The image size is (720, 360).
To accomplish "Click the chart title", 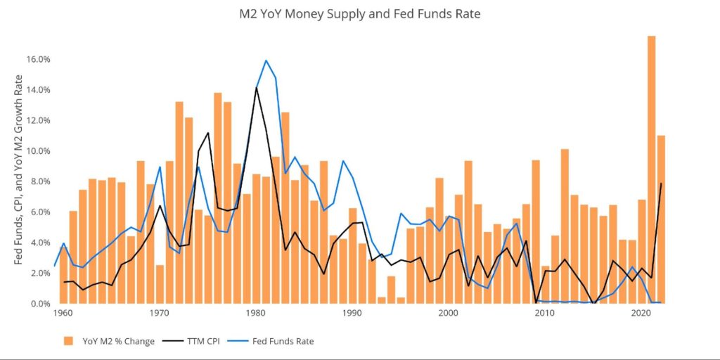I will click(359, 13).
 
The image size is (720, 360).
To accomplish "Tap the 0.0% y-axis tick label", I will click(39, 304).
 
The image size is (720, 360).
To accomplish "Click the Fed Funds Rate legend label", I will click(285, 341).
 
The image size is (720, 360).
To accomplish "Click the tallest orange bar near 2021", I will click(651, 169).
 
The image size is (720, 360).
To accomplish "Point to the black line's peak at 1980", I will click(257, 88).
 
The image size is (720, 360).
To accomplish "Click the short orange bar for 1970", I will click(160, 284).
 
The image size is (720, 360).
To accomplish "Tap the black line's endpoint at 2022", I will click(662, 184).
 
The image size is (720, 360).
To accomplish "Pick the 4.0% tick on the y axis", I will click(39, 243).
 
